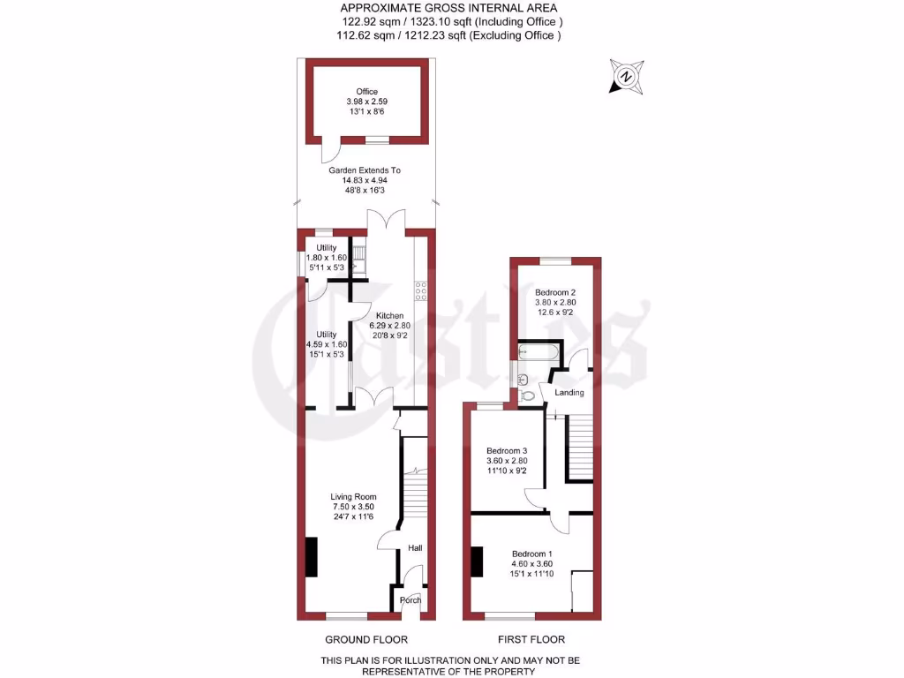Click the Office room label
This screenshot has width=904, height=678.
(x=366, y=92)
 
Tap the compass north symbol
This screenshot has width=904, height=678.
(x=626, y=76)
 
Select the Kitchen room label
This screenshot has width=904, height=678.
(x=389, y=316)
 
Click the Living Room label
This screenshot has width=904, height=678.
(x=353, y=497)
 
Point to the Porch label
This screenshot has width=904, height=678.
(x=411, y=600)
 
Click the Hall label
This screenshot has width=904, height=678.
(x=415, y=548)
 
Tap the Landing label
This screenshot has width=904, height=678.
(x=569, y=392)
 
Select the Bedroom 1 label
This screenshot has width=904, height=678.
(x=531, y=553)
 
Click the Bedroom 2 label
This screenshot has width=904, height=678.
(x=555, y=292)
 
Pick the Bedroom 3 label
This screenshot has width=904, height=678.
(x=507, y=450)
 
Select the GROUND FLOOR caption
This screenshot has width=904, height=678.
(x=366, y=639)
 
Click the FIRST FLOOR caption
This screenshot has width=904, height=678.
(x=531, y=639)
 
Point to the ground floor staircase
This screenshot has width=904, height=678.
(x=414, y=494)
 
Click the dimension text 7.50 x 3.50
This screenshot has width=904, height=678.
(x=353, y=507)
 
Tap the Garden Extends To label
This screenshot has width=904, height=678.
(x=365, y=170)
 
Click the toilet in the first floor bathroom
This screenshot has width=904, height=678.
(x=528, y=396)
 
